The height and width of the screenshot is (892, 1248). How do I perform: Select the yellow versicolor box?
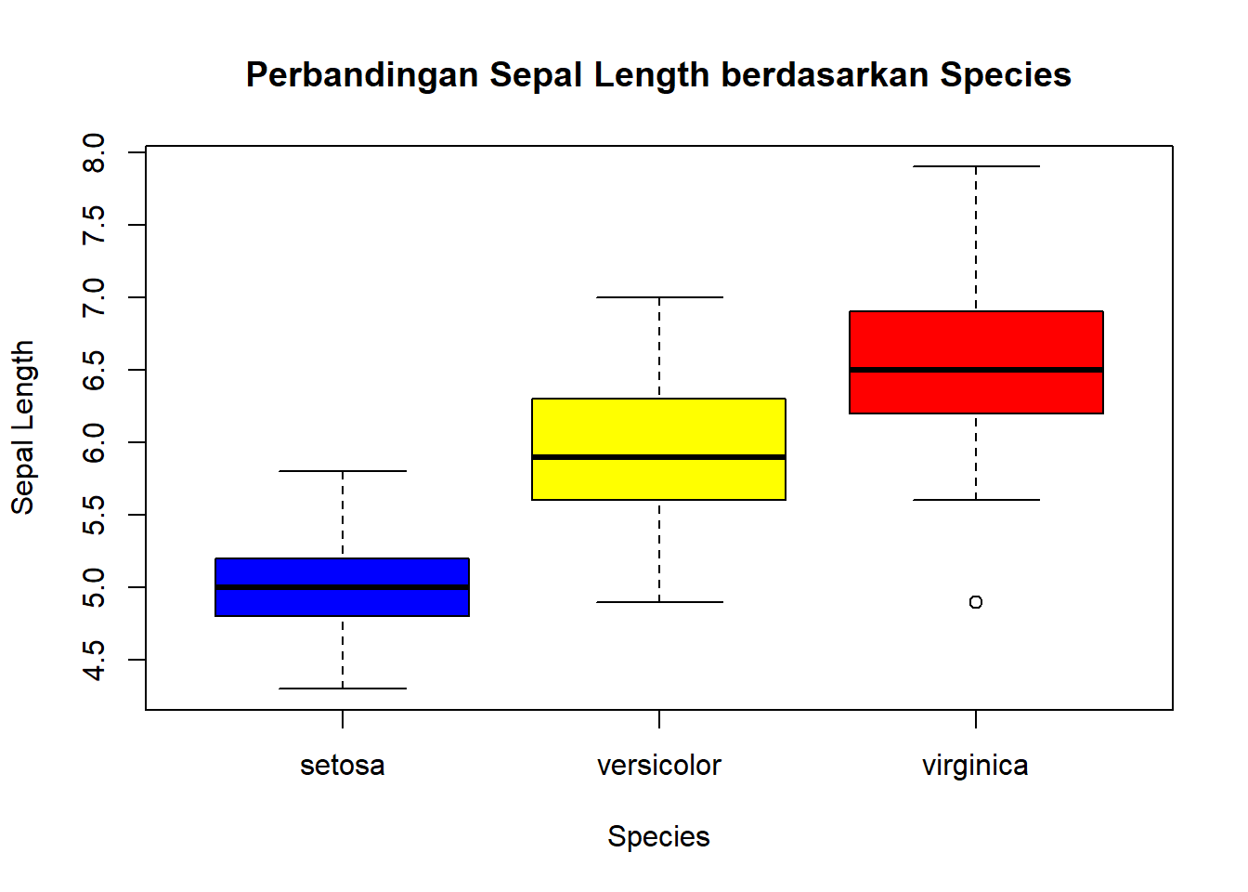[658, 427]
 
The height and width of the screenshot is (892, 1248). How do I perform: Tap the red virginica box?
[975, 340]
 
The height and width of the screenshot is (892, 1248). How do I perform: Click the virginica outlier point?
[975, 602]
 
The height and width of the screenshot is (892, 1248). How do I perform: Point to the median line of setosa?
[342, 587]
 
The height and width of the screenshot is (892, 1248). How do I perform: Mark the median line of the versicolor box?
[658, 457]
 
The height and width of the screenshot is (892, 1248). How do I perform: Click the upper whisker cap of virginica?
[975, 166]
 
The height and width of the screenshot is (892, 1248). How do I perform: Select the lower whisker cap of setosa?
[342, 689]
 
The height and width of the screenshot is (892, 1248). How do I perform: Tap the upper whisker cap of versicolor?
[658, 297]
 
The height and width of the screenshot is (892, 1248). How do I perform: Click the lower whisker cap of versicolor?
[658, 602]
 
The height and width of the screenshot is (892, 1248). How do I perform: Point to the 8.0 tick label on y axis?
[94, 152]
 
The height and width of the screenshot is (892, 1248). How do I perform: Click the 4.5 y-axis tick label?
[94, 660]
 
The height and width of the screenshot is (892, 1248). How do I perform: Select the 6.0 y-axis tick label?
[94, 442]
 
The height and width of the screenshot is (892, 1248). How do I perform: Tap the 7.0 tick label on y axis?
[94, 297]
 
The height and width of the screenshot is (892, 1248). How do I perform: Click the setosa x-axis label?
[342, 766]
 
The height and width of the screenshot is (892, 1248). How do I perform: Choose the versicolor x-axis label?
[658, 766]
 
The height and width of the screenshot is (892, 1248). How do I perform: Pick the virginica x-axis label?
[975, 766]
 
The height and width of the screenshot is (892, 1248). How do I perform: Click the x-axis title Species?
[658, 836]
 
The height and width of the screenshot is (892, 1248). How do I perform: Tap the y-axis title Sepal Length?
[22, 427]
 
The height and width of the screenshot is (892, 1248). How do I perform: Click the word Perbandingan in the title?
[362, 75]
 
